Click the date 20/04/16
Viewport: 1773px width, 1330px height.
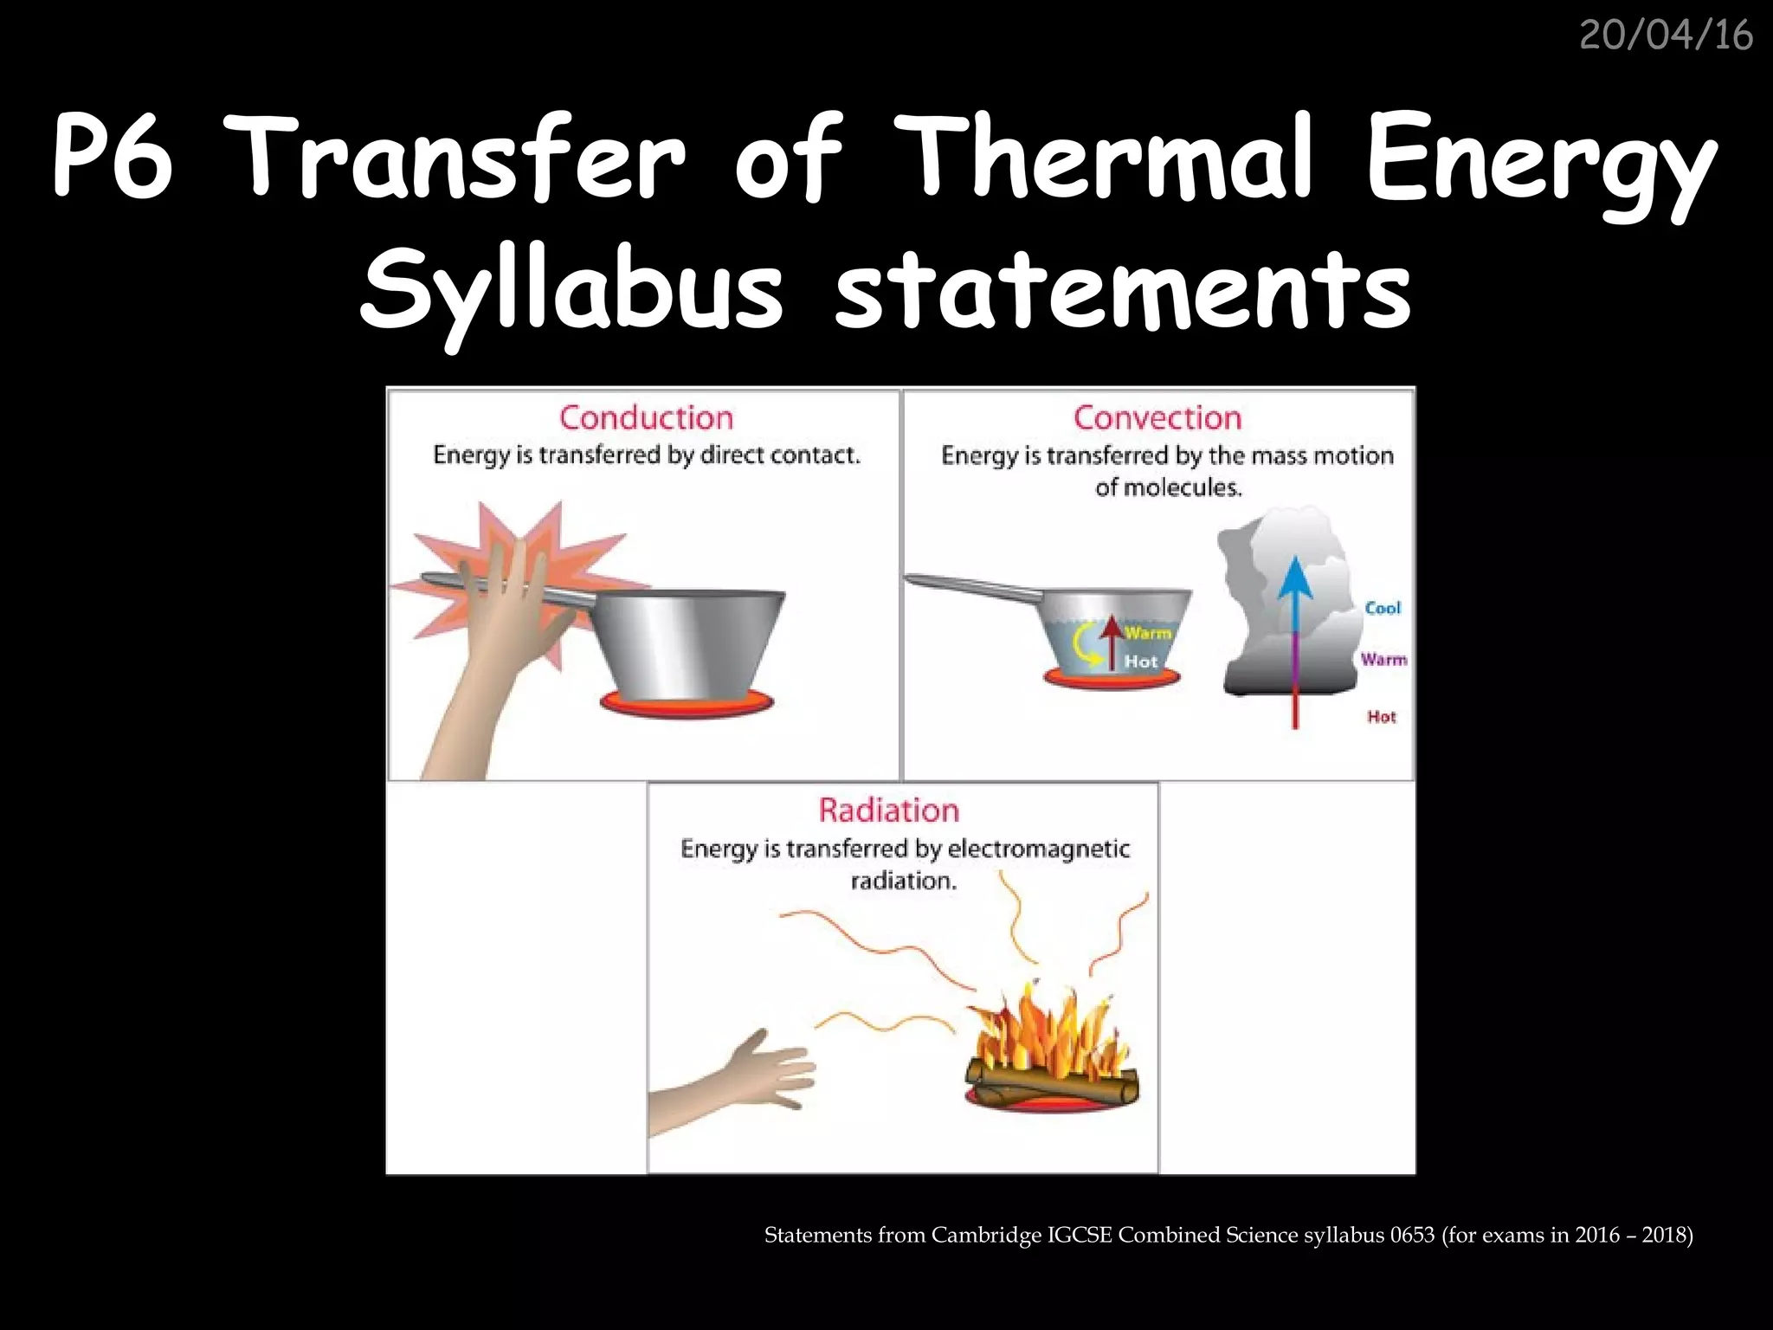(x=1666, y=36)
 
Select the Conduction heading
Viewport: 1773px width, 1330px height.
(x=646, y=418)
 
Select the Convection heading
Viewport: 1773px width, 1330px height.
(x=1157, y=418)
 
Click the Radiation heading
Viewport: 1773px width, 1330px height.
(x=889, y=810)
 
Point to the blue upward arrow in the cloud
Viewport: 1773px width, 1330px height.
(x=1295, y=597)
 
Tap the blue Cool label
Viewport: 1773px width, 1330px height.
(x=1382, y=608)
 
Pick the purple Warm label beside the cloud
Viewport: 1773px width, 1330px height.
(x=1383, y=660)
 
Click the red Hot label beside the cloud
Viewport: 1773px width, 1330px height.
(x=1381, y=716)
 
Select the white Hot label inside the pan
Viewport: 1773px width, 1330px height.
(x=1141, y=662)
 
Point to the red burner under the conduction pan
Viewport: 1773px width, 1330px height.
(x=684, y=701)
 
